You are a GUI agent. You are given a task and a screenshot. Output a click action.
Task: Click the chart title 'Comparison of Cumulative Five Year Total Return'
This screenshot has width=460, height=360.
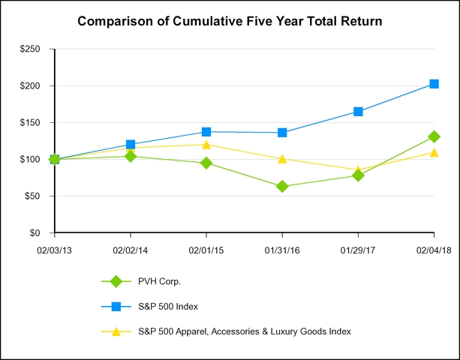[230, 22]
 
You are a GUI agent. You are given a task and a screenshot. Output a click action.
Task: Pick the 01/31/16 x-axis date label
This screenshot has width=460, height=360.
[282, 249]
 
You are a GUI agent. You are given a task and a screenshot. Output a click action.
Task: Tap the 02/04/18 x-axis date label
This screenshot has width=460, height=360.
[434, 249]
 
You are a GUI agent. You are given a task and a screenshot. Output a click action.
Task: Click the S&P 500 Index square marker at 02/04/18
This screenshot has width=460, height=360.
[434, 84]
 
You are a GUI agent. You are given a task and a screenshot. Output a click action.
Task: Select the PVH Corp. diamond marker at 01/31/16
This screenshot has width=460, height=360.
[282, 186]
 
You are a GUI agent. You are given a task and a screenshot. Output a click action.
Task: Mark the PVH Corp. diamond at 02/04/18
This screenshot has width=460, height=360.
[434, 136]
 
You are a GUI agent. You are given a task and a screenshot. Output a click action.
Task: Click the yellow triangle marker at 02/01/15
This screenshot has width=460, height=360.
[206, 145]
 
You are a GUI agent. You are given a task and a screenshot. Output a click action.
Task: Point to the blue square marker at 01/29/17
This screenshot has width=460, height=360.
[358, 112]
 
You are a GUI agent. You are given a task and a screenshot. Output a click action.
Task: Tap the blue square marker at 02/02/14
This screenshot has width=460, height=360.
[131, 144]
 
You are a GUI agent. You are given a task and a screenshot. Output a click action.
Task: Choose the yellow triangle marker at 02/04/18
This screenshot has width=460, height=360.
[434, 152]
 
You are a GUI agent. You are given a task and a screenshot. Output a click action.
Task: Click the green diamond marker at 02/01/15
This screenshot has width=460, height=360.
[206, 163]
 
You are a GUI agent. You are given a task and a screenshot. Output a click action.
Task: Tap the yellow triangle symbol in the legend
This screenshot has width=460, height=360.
[116, 331]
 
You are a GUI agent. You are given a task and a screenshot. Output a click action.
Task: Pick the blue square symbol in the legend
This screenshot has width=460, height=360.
[116, 306]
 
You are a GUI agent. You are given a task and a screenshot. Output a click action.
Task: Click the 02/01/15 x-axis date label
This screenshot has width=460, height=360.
[206, 249]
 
